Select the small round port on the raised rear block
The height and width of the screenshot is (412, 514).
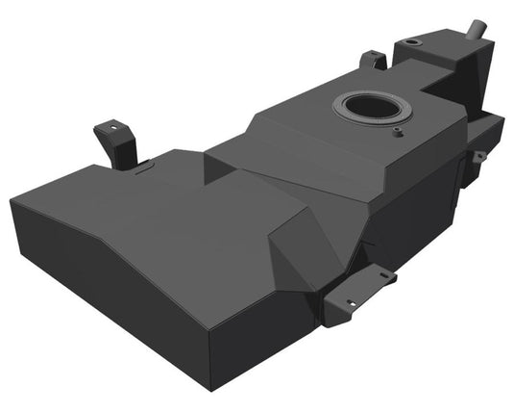point(412,43)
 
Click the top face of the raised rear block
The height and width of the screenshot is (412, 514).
point(428,53)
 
